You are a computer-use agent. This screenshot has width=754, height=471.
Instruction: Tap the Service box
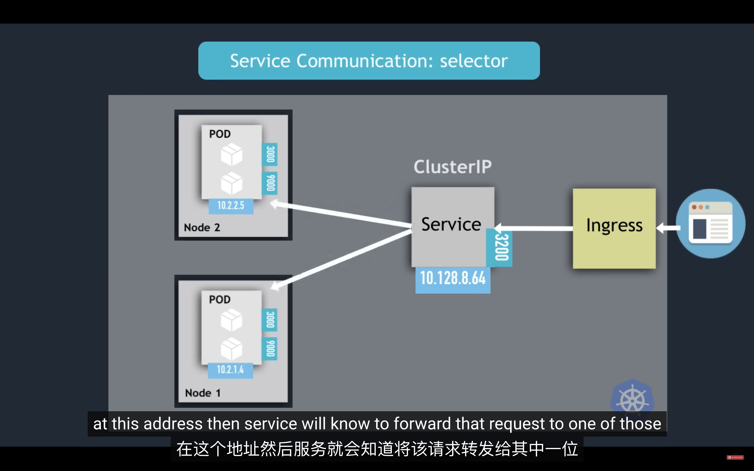tap(453, 227)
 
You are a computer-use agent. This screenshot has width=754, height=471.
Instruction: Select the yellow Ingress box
tap(614, 228)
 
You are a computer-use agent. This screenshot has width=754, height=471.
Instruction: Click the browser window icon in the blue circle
tap(710, 223)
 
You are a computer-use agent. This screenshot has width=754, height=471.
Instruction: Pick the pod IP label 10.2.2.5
tap(231, 206)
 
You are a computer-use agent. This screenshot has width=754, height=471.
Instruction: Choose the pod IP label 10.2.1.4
tap(230, 370)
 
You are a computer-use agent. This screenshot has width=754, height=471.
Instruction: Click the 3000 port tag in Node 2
tap(270, 154)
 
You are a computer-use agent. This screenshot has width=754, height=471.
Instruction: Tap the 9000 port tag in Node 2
tap(270, 183)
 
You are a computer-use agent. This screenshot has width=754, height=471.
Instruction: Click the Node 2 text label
tap(202, 227)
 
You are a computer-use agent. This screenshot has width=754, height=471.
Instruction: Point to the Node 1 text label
tap(203, 393)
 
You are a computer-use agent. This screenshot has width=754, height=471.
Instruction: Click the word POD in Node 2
tap(220, 134)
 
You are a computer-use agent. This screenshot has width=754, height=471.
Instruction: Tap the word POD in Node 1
tap(220, 299)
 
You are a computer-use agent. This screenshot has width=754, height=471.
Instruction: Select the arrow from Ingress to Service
tap(533, 228)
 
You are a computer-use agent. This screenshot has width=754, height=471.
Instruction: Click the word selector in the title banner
tap(474, 61)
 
